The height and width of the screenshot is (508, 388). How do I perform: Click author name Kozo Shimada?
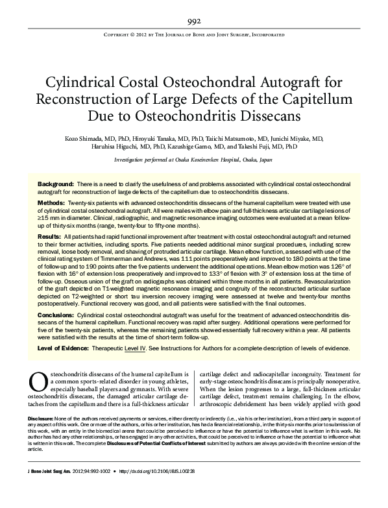tap(84, 139)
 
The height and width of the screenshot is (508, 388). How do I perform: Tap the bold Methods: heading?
tap(51, 203)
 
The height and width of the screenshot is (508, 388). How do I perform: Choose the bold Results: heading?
tap(49, 239)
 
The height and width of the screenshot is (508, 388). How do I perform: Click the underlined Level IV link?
tap(151, 348)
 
